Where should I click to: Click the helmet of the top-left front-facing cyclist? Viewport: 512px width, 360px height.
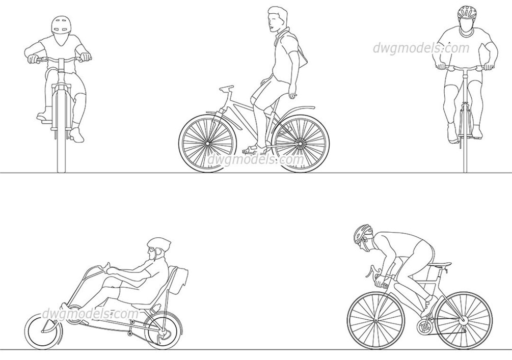tap(61, 25)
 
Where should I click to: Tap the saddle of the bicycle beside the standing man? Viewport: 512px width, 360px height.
tap(226, 88)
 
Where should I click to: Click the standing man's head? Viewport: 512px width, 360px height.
tap(277, 18)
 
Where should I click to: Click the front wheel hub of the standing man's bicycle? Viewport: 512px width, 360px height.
tap(207, 143)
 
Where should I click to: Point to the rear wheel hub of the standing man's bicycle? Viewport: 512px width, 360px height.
tap(300, 143)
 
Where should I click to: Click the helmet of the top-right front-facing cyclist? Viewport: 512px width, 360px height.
tap(467, 12)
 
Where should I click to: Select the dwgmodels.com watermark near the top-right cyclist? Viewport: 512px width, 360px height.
tap(421, 48)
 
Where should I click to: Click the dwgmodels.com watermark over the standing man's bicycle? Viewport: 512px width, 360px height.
tap(256, 160)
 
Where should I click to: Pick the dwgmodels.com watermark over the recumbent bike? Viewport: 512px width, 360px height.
tap(90, 314)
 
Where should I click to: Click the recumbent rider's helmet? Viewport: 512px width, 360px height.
tap(159, 244)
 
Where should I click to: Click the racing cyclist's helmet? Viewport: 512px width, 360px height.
tap(362, 233)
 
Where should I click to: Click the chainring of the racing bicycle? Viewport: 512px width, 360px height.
tap(425, 327)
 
